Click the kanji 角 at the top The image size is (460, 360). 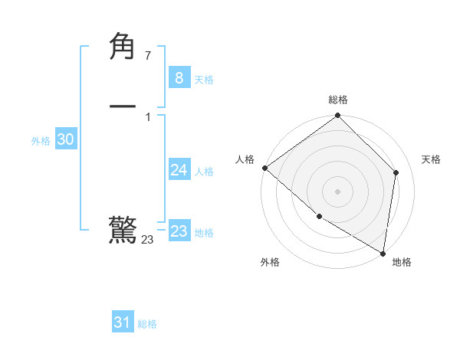pyautogui.click(x=123, y=47)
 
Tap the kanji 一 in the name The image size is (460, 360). pyautogui.click(x=123, y=106)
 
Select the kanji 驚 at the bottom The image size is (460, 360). pyautogui.click(x=123, y=230)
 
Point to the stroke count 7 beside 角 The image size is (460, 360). pyautogui.click(x=147, y=55)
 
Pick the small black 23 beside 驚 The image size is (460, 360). pyautogui.click(x=147, y=240)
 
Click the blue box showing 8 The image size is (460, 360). pyautogui.click(x=179, y=77)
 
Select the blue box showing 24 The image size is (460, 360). pyautogui.click(x=179, y=169)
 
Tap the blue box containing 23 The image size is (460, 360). pyautogui.click(x=179, y=231)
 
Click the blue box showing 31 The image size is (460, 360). pyautogui.click(x=122, y=322)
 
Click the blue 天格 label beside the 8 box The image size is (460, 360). pyautogui.click(x=204, y=80)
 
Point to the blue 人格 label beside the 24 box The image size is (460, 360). pyautogui.click(x=204, y=172)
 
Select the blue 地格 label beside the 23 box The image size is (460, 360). pyautogui.click(x=204, y=233)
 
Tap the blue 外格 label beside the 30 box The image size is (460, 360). pyautogui.click(x=41, y=141)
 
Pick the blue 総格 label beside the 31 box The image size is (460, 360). pyautogui.click(x=147, y=325)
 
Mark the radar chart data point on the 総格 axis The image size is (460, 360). pyautogui.click(x=337, y=116)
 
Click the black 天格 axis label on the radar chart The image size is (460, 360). pyautogui.click(x=432, y=159)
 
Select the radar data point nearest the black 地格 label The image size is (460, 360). pyautogui.click(x=383, y=253)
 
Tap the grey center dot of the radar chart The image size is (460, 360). pyautogui.click(x=337, y=191)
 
